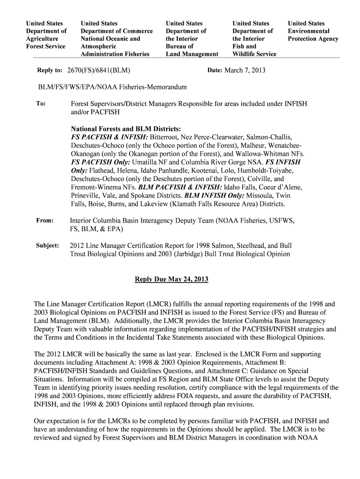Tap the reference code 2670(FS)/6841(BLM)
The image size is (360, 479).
click(x=99, y=70)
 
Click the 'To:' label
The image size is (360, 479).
click(x=41, y=103)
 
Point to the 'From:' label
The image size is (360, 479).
click(x=45, y=220)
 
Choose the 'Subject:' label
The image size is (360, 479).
click(x=48, y=245)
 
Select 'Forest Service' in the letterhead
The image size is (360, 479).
click(x=46, y=46)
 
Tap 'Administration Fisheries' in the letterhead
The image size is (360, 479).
click(x=115, y=54)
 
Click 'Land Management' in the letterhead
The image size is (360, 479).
click(x=192, y=54)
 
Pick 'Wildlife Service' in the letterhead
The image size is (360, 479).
click(x=254, y=54)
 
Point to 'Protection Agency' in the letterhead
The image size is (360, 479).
click(x=313, y=39)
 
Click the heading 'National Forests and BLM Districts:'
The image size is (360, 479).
click(x=126, y=129)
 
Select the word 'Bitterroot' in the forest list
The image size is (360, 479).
click(x=165, y=137)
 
